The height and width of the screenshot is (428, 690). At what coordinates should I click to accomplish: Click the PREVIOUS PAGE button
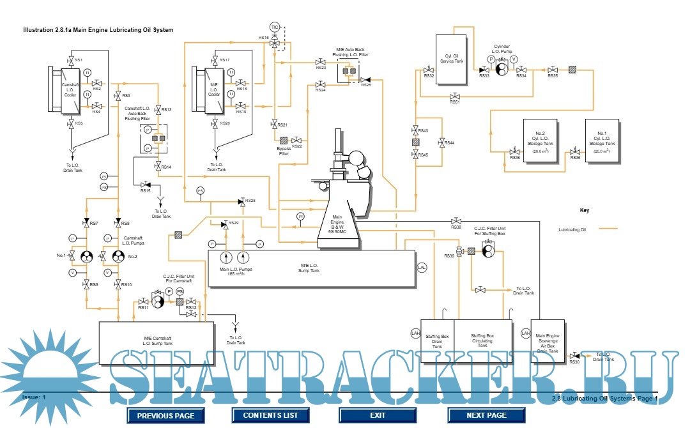pos(165,415)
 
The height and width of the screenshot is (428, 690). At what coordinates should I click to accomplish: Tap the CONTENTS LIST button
pos(270,415)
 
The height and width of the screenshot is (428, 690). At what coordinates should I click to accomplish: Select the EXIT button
pos(378,415)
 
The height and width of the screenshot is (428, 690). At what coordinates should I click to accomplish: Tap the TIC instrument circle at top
pos(275,27)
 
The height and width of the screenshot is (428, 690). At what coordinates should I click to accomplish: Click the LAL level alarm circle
pos(422,267)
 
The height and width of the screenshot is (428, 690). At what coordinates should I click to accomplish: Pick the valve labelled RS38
pos(456,221)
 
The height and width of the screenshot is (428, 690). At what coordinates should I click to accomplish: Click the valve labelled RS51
pos(454,96)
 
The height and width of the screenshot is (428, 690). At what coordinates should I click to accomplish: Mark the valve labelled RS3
pos(118,96)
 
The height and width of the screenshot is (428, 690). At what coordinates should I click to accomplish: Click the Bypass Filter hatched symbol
pos(282,140)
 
